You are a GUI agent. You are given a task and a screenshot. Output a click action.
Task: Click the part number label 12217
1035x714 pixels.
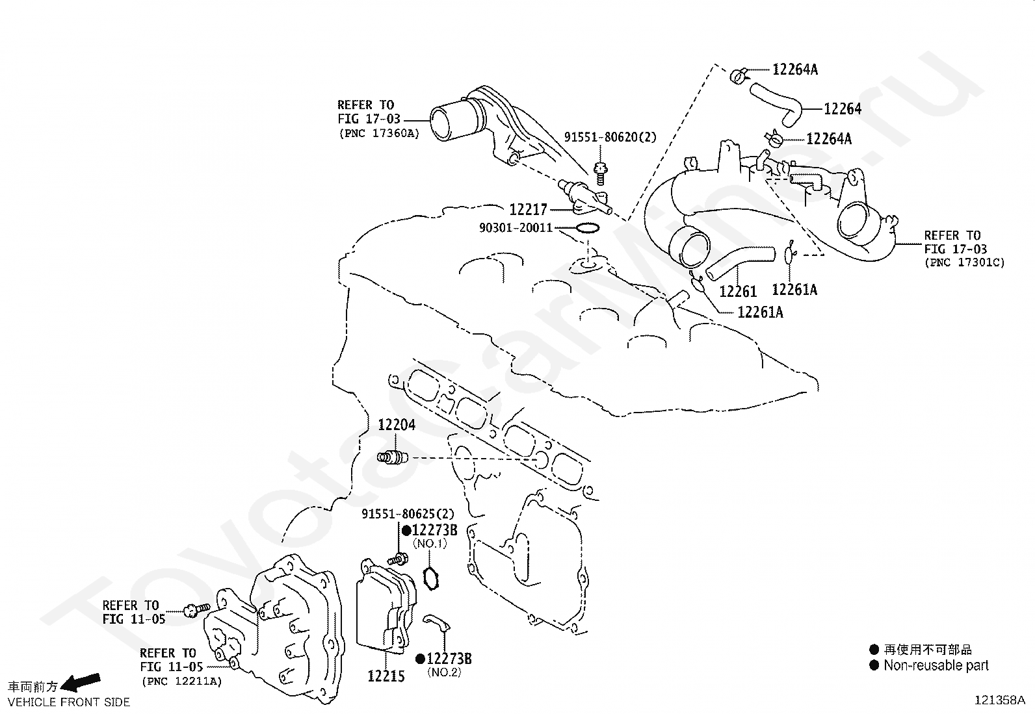[528, 210]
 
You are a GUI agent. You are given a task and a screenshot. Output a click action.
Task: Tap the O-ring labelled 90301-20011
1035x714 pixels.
[588, 223]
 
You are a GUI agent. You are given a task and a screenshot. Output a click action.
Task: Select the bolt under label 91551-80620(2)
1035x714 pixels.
[600, 174]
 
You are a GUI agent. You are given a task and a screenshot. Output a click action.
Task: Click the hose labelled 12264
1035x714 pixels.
[776, 103]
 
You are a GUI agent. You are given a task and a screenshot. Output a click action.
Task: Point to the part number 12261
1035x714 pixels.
[738, 292]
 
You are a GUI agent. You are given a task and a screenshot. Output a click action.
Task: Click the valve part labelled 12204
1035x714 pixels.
[393, 457]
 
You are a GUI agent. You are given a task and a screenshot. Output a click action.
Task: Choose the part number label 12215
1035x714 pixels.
[386, 676]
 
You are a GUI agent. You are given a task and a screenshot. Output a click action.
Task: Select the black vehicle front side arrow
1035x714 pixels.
[81, 682]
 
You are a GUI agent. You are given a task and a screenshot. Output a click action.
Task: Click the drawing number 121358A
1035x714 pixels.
[999, 700]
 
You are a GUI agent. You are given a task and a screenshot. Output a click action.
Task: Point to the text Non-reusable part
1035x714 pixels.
[936, 665]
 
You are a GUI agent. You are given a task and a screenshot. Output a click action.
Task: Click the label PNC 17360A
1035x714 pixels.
[379, 133]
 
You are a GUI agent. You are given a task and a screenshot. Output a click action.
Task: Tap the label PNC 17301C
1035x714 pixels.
[964, 262]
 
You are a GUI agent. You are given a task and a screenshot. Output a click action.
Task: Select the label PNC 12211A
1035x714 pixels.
[181, 682]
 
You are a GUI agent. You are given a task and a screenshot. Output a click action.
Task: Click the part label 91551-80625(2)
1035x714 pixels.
[408, 513]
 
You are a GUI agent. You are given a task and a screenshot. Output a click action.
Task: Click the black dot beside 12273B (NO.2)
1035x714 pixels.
[420, 659]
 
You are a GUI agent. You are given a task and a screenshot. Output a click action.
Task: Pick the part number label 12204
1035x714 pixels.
[397, 425]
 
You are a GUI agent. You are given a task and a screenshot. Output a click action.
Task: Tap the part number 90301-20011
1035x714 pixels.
[516, 227]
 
